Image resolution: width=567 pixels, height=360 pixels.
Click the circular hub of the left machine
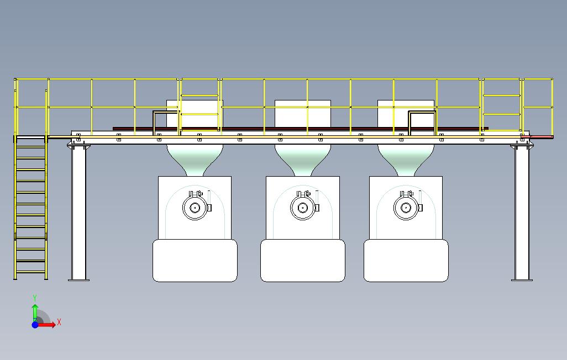[195, 208]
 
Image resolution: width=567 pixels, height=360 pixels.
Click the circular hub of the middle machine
[302, 208]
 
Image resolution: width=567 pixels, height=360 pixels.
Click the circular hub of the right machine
[406, 208]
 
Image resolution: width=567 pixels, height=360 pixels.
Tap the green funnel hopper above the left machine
[195, 158]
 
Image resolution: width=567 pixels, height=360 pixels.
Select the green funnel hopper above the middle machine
[302, 158]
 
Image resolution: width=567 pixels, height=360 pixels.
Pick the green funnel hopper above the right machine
[406, 158]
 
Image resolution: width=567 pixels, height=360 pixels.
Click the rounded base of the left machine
[195, 261]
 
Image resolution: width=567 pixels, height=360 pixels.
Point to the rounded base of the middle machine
[302, 261]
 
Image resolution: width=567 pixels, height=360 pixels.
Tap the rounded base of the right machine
[406, 261]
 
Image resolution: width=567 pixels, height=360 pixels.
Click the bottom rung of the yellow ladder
[30, 272]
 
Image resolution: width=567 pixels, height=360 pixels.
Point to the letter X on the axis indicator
[59, 322]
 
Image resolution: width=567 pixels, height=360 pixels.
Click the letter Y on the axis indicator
[35, 298]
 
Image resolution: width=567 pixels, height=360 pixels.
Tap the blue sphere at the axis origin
[35, 325]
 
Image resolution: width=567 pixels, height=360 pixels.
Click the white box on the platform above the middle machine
[302, 113]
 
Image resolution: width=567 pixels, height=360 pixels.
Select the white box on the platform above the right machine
[406, 113]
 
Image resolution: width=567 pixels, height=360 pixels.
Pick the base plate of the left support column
[78, 280]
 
